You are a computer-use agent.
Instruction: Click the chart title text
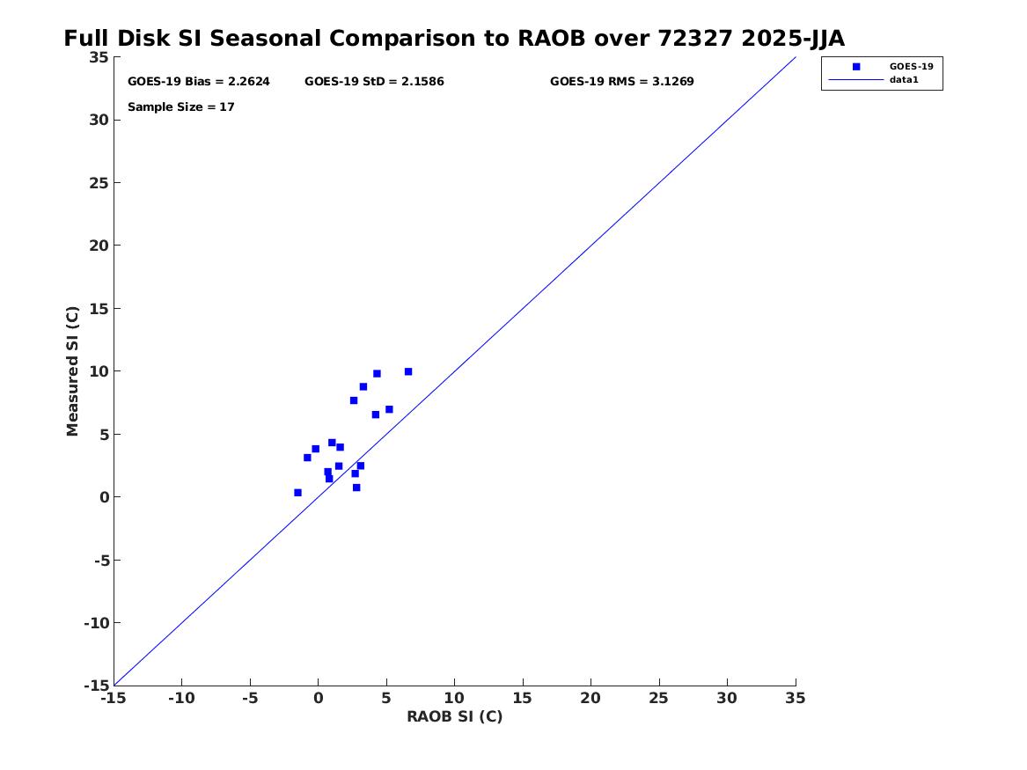click(454, 39)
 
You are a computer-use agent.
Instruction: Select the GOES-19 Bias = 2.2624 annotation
click(199, 82)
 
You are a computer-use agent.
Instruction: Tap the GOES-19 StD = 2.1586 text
click(374, 82)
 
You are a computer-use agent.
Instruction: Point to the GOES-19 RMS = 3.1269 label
click(621, 82)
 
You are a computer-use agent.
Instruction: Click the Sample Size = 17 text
click(180, 107)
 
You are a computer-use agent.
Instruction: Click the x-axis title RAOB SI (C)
click(455, 716)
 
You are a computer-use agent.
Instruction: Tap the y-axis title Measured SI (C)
click(72, 371)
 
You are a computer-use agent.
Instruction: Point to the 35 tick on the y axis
click(99, 57)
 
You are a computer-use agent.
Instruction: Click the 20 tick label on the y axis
click(99, 246)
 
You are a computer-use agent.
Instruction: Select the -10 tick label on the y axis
click(96, 623)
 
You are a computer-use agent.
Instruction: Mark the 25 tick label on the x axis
click(659, 699)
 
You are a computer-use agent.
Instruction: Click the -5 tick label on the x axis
click(250, 699)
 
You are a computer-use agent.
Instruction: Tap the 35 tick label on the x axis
click(796, 699)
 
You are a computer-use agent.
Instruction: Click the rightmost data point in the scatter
click(408, 372)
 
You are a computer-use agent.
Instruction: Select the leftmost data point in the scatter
click(298, 493)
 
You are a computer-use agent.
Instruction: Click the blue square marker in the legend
click(856, 67)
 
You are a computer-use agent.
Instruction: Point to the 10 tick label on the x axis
click(455, 699)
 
